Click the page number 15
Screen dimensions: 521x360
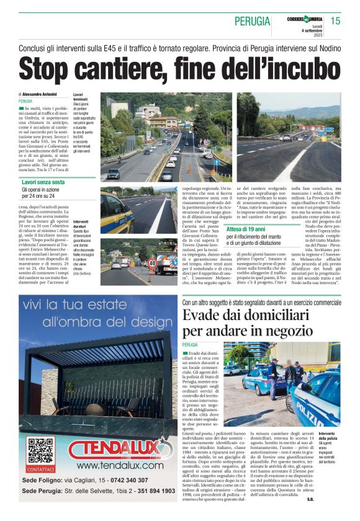[x=336, y=21]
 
